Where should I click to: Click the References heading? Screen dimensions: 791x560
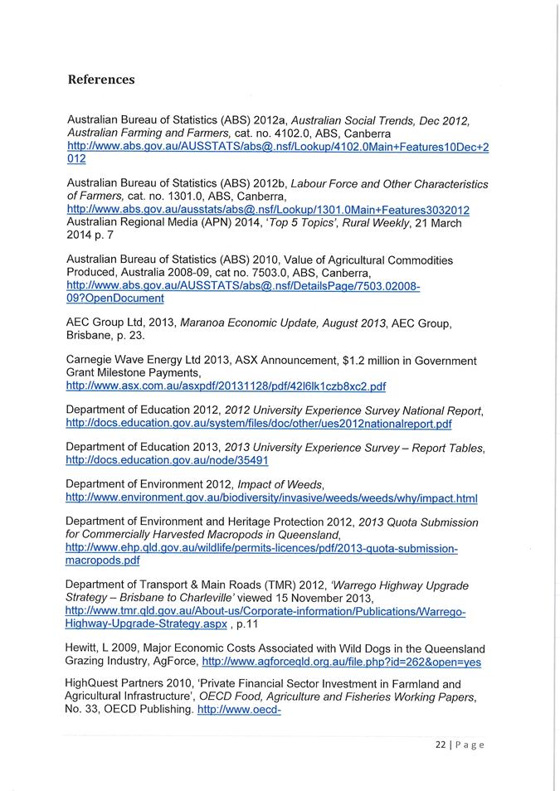pos(100,80)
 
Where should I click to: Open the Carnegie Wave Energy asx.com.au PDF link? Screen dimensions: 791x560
pos(225,386)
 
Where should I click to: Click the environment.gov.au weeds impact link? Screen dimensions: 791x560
pos(271,498)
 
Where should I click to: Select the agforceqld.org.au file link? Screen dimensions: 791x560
pos(341,662)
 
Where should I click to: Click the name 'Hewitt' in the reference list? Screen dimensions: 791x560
pos(82,648)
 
